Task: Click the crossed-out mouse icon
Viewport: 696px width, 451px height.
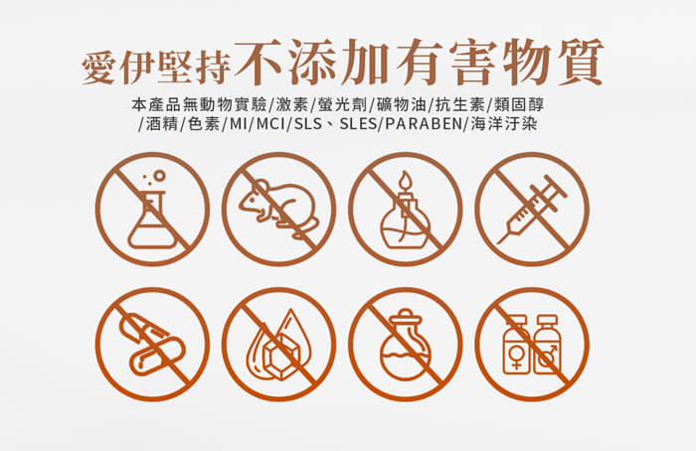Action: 278,209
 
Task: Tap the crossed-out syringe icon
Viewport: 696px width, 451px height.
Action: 532,209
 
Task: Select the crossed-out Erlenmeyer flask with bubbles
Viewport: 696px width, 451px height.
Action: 152,209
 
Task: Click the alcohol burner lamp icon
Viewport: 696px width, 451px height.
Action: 406,209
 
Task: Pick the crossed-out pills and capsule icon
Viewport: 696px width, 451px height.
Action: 152,344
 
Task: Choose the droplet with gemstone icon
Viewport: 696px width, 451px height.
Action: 278,344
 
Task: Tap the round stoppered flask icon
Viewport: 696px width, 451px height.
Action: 406,344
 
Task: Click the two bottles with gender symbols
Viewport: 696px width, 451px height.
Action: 532,344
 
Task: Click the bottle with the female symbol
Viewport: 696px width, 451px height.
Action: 516,345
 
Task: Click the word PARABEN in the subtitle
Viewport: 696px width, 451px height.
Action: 424,124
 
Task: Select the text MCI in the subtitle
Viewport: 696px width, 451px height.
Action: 270,124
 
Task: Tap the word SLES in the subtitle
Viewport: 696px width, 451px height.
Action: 358,124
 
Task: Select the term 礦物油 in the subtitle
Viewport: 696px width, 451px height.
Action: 402,105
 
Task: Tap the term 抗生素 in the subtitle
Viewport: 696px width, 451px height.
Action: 459,105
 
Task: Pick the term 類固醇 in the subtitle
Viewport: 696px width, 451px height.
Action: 519,105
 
